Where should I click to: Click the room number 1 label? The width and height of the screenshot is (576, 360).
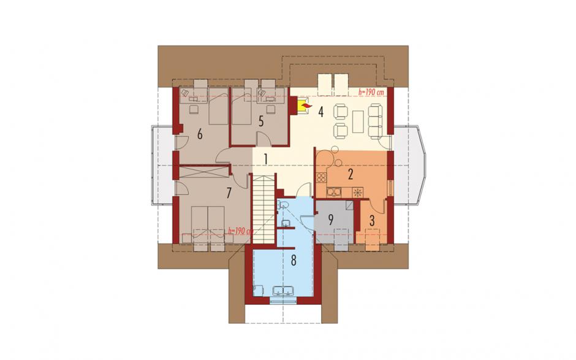coord(265,159)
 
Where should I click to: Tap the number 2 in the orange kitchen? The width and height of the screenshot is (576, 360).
coord(351,174)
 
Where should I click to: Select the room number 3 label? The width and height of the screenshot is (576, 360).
coord(372,221)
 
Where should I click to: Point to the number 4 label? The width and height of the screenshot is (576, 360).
coord(320,112)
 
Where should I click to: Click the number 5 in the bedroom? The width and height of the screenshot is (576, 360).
coord(261,121)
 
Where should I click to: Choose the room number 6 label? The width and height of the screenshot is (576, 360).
coord(200,134)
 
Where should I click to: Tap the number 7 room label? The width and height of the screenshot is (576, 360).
coord(229,193)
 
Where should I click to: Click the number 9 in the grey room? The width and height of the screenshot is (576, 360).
coord(330,220)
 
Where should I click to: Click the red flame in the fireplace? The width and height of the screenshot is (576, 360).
coord(306,107)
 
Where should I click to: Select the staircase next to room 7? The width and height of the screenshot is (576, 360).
coord(263,209)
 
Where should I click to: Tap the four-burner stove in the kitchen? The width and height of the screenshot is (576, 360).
coord(321,178)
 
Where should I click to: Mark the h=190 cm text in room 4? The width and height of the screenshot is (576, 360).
coord(371,92)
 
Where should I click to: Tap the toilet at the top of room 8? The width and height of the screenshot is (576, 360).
coord(283,204)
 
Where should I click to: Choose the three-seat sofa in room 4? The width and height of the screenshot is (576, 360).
coord(375,121)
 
